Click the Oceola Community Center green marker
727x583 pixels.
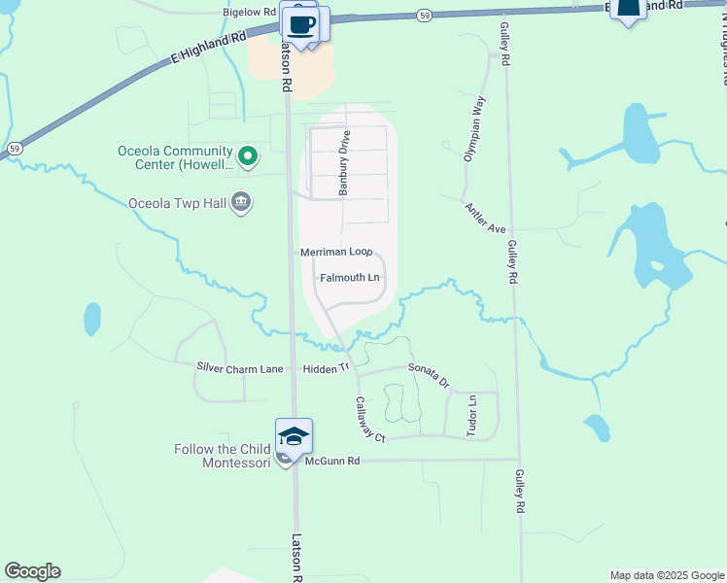click(x=248, y=154)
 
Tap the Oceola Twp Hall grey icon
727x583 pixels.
click(x=241, y=203)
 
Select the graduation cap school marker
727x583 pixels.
click(x=294, y=435)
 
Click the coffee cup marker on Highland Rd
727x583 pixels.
click(x=301, y=22)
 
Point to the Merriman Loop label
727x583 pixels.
click(x=336, y=252)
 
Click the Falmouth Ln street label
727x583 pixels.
click(x=350, y=278)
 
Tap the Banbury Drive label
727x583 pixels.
click(x=343, y=164)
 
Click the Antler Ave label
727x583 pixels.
click(x=486, y=219)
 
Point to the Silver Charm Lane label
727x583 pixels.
click(x=240, y=368)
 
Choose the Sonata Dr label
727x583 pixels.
click(x=430, y=375)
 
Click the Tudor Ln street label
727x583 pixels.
click(x=473, y=415)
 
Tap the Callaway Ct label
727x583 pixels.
click(x=370, y=420)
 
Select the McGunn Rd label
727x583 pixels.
click(x=332, y=461)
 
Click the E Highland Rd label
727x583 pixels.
click(x=207, y=47)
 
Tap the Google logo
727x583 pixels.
click(x=32, y=571)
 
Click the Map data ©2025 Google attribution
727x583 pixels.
click(x=667, y=575)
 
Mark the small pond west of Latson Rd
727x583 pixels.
click(x=92, y=318)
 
